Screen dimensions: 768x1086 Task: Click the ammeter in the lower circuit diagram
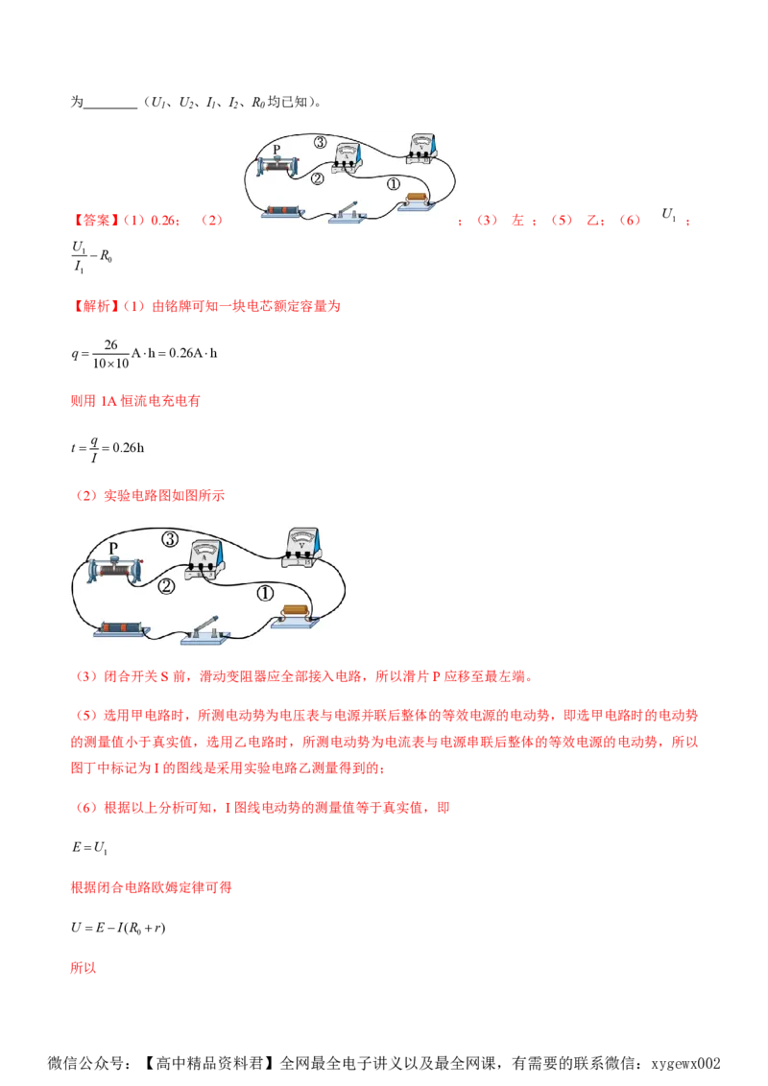point(205,559)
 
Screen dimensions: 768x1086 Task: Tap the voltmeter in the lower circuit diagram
point(301,548)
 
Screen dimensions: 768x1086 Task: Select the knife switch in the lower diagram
point(205,631)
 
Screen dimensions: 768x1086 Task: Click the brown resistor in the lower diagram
point(296,615)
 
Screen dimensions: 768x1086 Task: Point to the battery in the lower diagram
point(121,629)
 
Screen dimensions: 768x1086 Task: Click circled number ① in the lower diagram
point(266,594)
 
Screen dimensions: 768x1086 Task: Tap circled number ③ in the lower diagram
point(171,539)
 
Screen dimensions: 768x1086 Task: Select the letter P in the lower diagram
point(113,548)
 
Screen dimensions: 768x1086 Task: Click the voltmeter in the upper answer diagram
point(421,149)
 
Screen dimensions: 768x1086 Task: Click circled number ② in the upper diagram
point(318,178)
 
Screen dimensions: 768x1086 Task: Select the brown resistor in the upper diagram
point(417,201)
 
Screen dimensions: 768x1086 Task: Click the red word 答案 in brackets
point(96,221)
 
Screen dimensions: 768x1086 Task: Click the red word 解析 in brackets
point(96,306)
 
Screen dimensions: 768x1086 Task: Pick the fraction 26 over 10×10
point(111,354)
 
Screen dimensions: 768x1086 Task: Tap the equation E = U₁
point(89,848)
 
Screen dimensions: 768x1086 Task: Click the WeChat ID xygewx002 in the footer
point(685,1063)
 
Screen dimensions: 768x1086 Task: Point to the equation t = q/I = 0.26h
point(108,449)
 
